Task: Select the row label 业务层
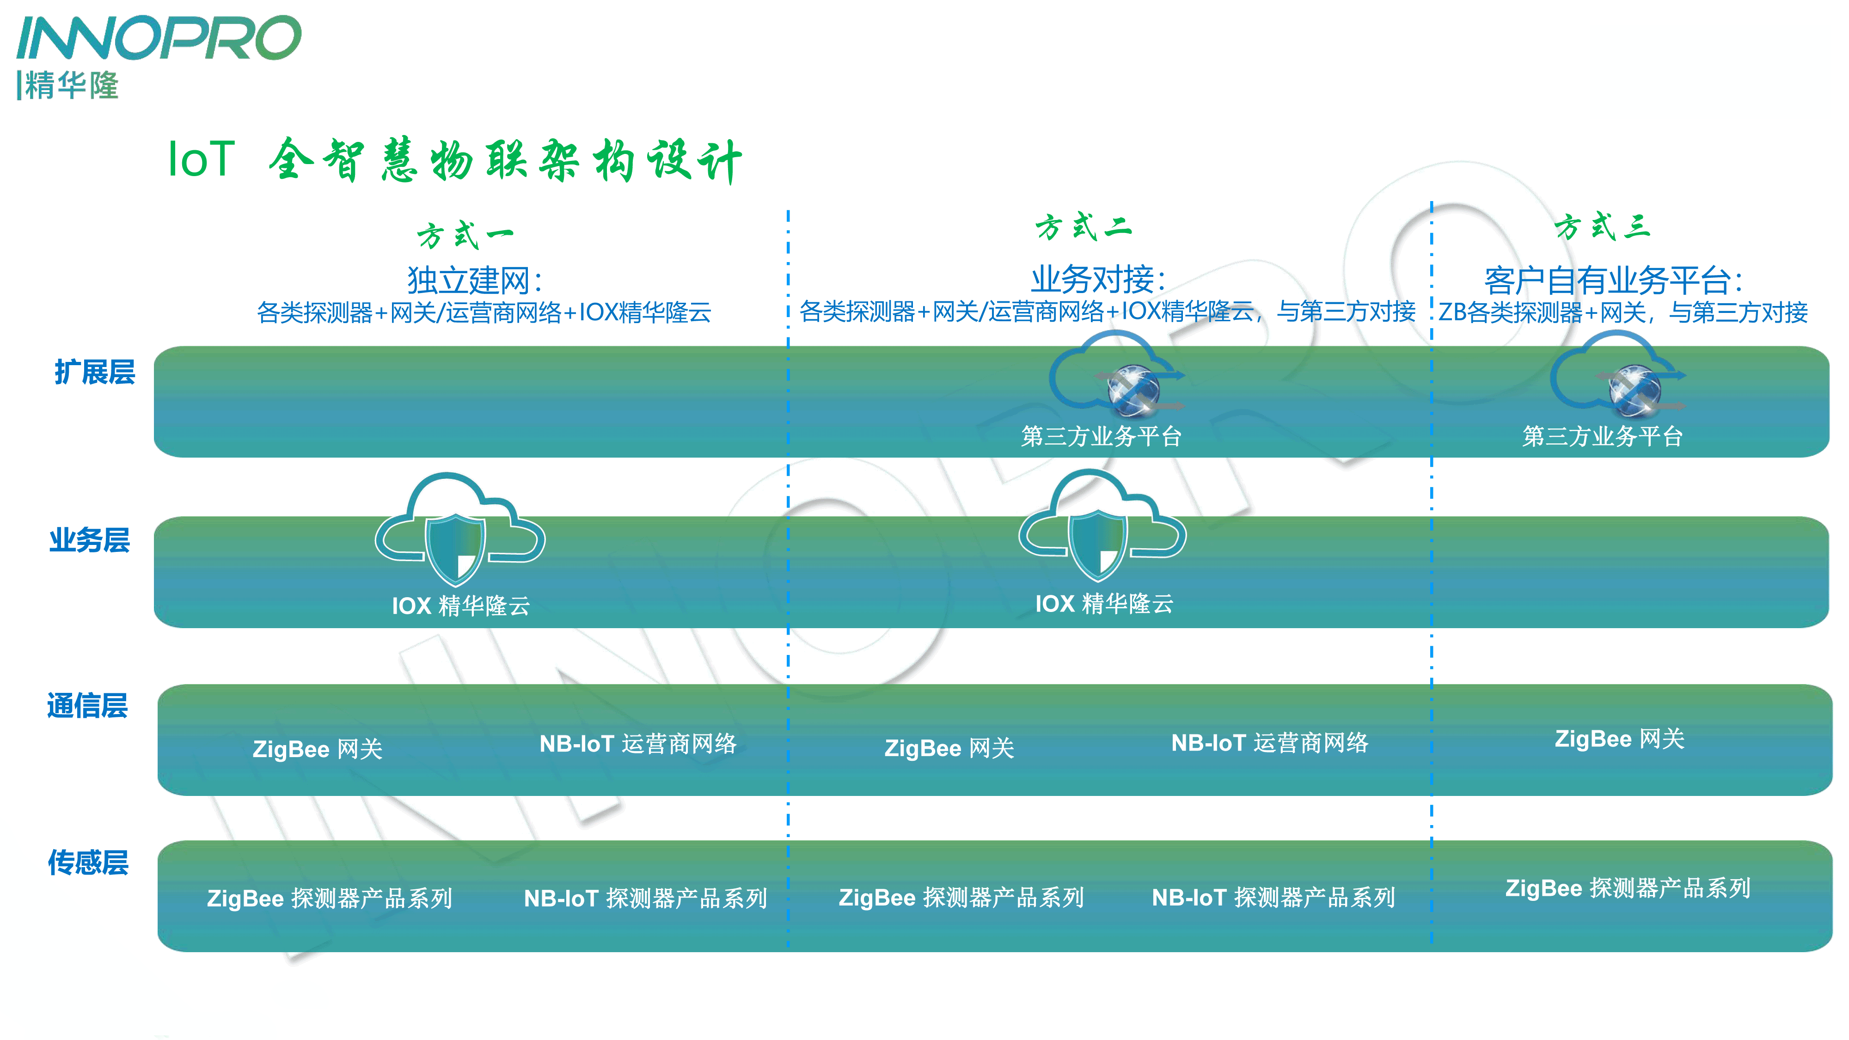90,540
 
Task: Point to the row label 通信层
87,705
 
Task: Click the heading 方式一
465,235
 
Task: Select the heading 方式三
1603,227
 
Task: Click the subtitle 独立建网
474,280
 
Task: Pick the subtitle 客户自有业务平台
1612,280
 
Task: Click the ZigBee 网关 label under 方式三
1619,739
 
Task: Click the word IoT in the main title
201,159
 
